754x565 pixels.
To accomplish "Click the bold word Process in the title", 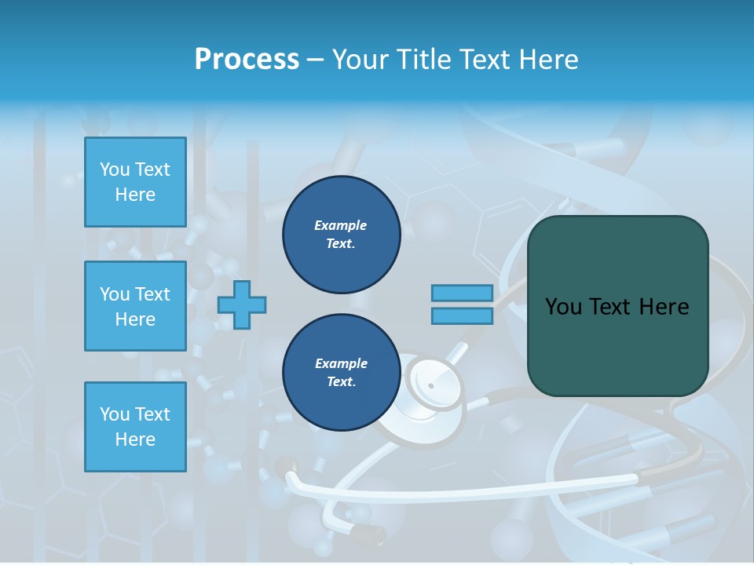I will [247, 60].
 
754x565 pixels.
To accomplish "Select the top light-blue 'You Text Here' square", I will [135, 182].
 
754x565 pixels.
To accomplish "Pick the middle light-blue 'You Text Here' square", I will [135, 306].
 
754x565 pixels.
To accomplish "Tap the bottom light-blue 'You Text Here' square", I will [135, 427].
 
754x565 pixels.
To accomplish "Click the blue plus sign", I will [242, 305].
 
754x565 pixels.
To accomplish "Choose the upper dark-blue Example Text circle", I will [341, 235].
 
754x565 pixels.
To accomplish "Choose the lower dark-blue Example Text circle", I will [341, 373].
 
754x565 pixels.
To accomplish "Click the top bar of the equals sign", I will [462, 293].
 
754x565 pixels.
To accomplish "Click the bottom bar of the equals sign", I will [462, 316].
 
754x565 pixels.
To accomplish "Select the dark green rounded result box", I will [617, 306].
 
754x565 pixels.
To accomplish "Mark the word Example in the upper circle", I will [341, 225].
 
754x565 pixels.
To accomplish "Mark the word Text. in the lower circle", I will [341, 382].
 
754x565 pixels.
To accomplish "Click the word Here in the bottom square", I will [135, 439].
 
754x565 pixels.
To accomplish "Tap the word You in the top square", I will [115, 169].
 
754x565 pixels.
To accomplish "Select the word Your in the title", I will [360, 60].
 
